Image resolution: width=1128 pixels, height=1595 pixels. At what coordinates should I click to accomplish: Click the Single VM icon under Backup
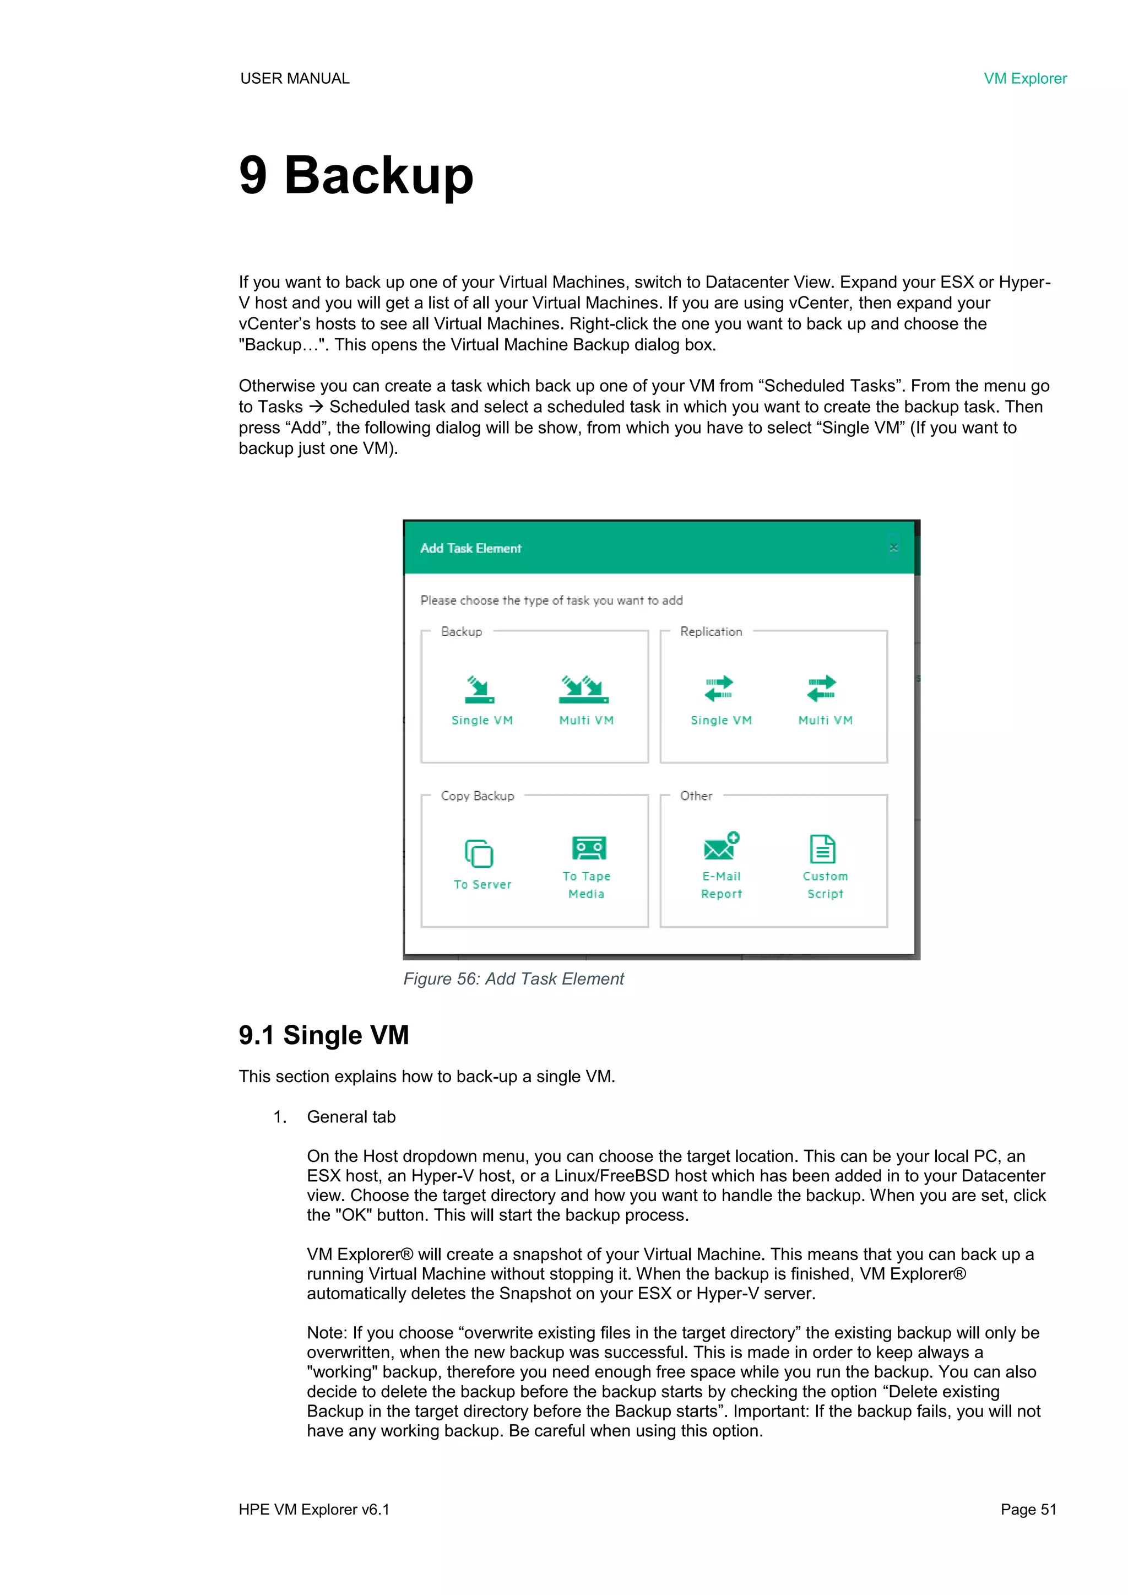(479, 689)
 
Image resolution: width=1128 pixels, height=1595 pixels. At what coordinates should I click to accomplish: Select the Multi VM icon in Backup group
(584, 689)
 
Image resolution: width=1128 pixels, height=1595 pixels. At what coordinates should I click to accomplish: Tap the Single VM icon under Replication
(719, 689)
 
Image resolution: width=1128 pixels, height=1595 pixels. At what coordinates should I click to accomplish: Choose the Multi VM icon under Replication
(822, 689)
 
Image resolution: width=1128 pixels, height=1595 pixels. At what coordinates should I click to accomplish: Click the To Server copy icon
(479, 854)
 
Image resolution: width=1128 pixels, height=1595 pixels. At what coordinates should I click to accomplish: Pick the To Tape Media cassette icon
(589, 848)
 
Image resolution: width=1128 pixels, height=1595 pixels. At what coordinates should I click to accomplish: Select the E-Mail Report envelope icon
(721, 847)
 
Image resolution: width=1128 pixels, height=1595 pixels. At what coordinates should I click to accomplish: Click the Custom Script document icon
(822, 849)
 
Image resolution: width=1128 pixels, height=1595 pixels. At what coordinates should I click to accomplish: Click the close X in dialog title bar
(894, 548)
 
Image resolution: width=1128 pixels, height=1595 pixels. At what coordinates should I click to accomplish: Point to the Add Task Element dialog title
(471, 549)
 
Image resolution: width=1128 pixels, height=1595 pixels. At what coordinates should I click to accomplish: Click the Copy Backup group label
(478, 796)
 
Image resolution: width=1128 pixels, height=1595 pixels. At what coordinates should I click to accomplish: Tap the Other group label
(696, 796)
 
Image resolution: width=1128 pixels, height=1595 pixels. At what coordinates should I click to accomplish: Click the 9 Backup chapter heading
(356, 175)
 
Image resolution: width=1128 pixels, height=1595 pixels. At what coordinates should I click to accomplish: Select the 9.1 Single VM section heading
(324, 1035)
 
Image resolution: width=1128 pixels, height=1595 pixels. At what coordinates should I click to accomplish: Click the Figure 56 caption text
(514, 979)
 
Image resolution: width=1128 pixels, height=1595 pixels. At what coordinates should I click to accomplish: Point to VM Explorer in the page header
(1024, 78)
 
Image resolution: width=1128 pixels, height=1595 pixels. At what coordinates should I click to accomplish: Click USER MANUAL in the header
(295, 78)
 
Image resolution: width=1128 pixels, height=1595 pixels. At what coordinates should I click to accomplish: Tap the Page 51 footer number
(1028, 1510)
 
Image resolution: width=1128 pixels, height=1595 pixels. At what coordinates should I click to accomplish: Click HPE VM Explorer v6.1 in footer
(314, 1510)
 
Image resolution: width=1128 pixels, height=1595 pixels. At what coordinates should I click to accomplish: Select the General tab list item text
(351, 1117)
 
